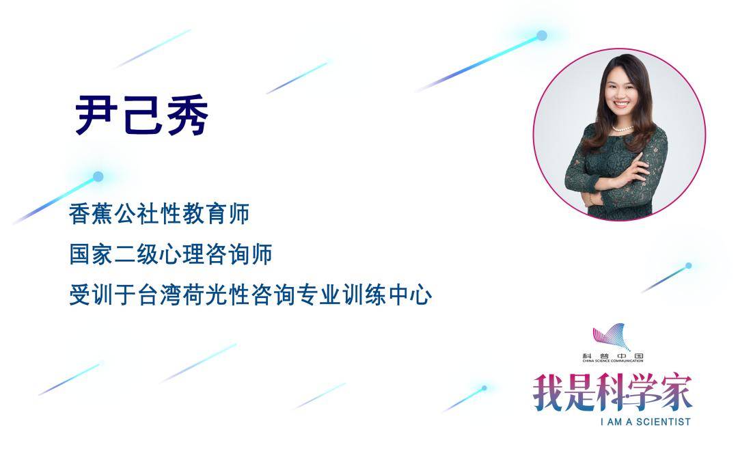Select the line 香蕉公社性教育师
159,215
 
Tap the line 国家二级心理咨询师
171,255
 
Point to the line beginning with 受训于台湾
250,296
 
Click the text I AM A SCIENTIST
645,422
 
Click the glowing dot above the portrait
542,36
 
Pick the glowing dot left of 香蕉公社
98,176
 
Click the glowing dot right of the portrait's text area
688,265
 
